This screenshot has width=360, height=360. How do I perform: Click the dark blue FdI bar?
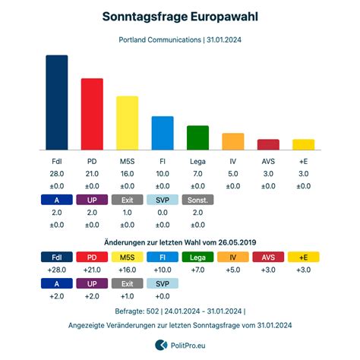pyautogui.click(x=57, y=103)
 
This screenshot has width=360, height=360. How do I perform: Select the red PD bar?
pyautogui.click(x=92, y=114)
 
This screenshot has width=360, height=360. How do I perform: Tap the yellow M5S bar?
pyautogui.click(x=128, y=123)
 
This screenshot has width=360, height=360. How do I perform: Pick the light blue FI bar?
pyautogui.click(x=163, y=133)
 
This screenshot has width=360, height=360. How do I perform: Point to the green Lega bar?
pyautogui.click(x=197, y=137)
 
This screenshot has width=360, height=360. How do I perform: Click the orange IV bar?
pyautogui.click(x=233, y=141)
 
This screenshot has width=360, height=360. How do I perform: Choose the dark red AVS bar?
pyautogui.click(x=268, y=144)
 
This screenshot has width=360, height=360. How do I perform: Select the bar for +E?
pyautogui.click(x=304, y=144)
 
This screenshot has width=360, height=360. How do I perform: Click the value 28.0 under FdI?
pyautogui.click(x=57, y=174)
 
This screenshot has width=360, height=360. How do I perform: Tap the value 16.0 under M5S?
pyautogui.click(x=128, y=174)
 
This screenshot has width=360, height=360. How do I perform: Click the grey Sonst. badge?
pyautogui.click(x=197, y=200)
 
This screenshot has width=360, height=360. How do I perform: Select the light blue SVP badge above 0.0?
pyautogui.click(x=163, y=200)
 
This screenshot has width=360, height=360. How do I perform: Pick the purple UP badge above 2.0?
pyautogui.click(x=92, y=200)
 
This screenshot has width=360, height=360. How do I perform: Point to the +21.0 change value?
pyautogui.click(x=92, y=270)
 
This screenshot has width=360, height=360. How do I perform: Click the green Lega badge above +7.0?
pyautogui.click(x=197, y=257)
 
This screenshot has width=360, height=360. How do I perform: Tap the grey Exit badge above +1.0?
pyautogui.click(x=128, y=283)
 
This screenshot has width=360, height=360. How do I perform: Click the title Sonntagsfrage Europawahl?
pyautogui.click(x=180, y=17)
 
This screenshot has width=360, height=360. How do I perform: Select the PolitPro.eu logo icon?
pyautogui.click(x=161, y=345)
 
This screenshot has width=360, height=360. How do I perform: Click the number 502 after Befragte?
pyautogui.click(x=153, y=311)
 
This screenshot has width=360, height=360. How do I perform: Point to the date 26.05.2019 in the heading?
pyautogui.click(x=237, y=242)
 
